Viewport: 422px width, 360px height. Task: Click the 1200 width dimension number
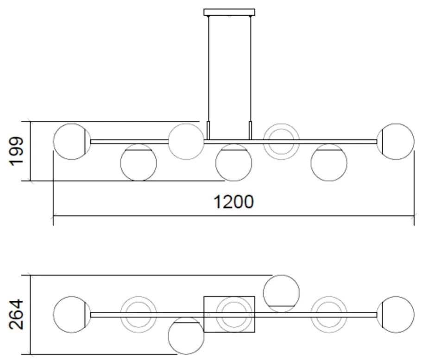[x=233, y=202]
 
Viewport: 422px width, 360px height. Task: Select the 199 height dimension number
[x=16, y=151]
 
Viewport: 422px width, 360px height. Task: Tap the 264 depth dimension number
[x=16, y=314]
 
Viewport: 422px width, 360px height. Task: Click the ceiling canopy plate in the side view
[x=229, y=12]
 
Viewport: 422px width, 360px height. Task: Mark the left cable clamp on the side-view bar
[x=208, y=130]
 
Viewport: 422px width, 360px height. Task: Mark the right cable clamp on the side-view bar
[x=250, y=130]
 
